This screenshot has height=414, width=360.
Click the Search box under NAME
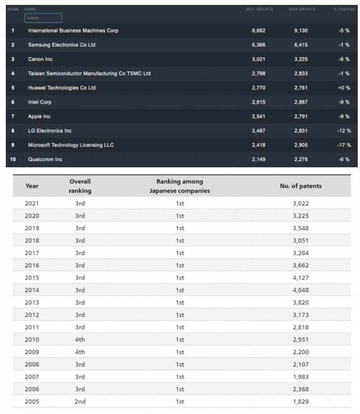click(43, 18)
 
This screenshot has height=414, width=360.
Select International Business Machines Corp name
click(73, 31)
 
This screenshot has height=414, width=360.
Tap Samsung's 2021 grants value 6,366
click(259, 45)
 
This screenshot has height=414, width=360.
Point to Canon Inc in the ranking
click(40, 59)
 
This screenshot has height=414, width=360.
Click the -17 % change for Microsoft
click(344, 145)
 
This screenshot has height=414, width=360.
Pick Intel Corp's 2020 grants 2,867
click(301, 102)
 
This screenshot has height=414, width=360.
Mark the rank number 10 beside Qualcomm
click(13, 160)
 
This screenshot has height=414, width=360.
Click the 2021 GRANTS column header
click(259, 9)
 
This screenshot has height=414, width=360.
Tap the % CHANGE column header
click(344, 9)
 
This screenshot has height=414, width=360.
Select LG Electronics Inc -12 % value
click(344, 131)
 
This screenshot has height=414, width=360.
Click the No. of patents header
click(301, 186)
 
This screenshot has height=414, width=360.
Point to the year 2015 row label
click(32, 278)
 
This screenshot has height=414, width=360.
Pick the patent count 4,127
click(301, 278)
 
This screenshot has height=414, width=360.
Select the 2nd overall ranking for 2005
click(80, 401)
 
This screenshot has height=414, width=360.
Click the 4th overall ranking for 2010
click(80, 339)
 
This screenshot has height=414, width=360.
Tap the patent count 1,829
click(301, 401)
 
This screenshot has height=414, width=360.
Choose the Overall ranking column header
click(80, 186)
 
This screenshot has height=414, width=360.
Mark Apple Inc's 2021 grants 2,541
click(259, 116)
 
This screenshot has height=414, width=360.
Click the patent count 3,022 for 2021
click(301, 203)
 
